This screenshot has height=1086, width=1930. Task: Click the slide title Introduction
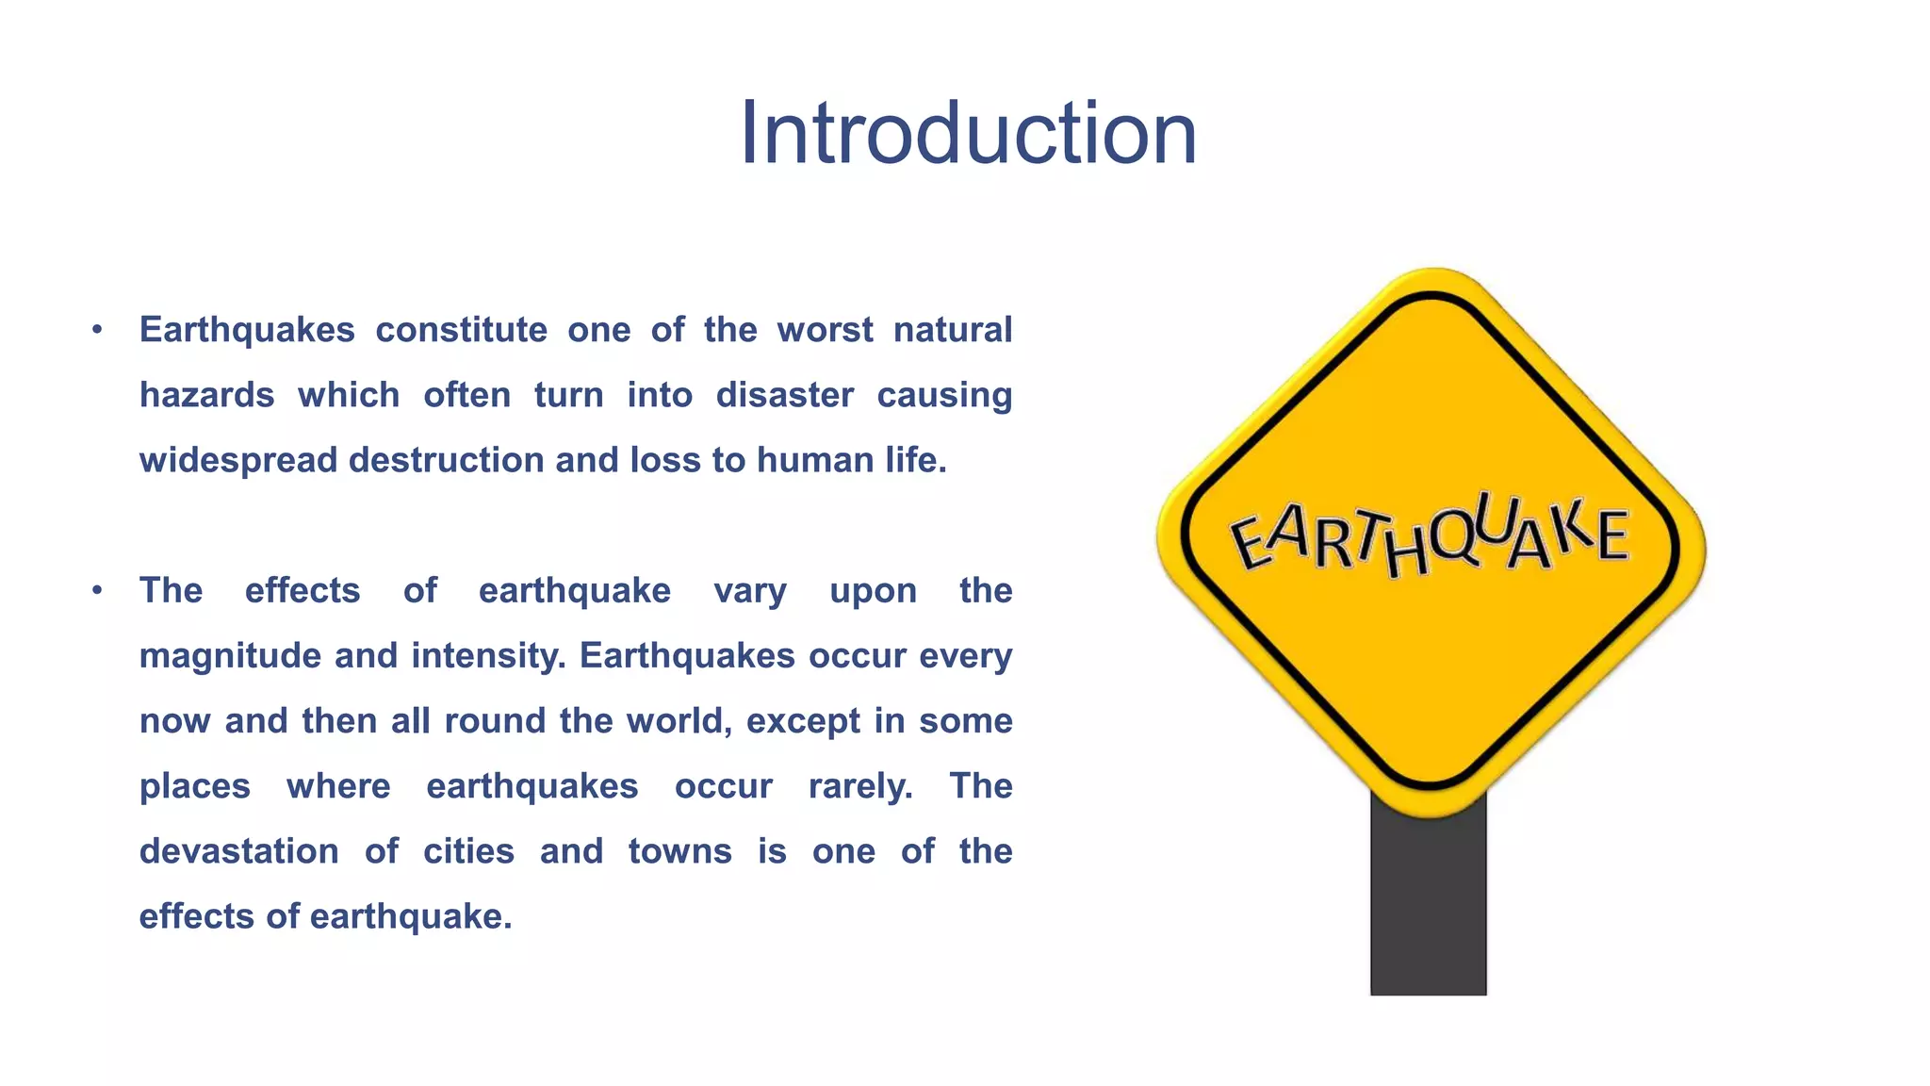[968, 134]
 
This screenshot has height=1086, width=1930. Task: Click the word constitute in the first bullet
[461, 330]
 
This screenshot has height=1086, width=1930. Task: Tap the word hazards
[206, 395]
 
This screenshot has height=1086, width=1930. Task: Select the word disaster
[784, 395]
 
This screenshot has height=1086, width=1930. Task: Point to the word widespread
[239, 461]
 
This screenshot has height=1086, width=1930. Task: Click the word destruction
[446, 461]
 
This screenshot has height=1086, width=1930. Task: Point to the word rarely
[860, 786]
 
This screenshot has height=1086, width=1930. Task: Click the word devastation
[239, 851]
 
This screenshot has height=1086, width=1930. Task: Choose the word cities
[468, 851]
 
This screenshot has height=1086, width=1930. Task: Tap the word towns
[679, 851]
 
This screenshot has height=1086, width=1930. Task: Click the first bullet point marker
[97, 330]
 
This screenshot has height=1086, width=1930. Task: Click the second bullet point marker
[97, 591]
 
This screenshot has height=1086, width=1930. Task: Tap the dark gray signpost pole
[1428, 905]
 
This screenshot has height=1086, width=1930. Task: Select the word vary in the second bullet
[749, 591]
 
